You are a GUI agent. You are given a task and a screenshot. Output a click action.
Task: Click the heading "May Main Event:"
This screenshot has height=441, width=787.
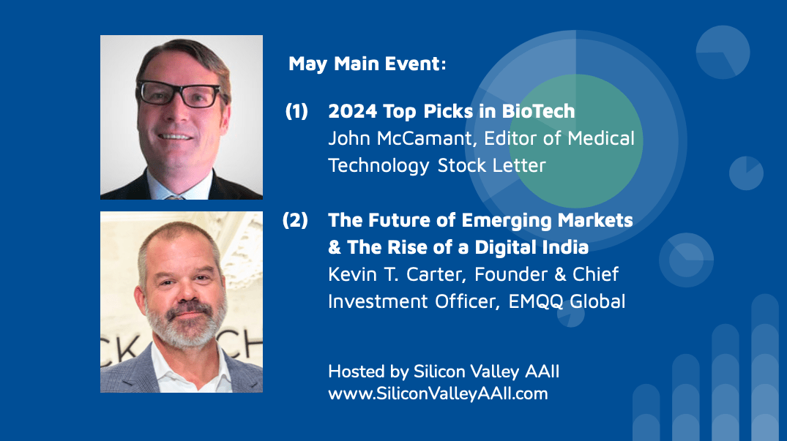(367, 64)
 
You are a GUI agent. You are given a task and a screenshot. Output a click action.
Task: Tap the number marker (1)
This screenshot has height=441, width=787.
(296, 111)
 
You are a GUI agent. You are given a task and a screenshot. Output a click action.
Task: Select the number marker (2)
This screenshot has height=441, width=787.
(295, 220)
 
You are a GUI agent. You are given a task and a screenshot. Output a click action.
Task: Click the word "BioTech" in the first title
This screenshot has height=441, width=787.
(539, 111)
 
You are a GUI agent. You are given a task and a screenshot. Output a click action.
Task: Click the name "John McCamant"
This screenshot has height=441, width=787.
(400, 138)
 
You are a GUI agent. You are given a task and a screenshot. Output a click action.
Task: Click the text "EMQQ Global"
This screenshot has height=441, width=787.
(567, 302)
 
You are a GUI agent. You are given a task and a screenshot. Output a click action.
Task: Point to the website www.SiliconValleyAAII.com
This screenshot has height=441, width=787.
(438, 394)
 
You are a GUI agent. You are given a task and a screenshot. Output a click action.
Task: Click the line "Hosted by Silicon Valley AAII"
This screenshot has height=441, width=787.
(444, 372)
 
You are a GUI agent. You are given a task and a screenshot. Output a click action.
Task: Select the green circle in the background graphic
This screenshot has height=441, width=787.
(576, 141)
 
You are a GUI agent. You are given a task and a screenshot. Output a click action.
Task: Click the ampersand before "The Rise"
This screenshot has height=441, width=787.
(335, 248)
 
